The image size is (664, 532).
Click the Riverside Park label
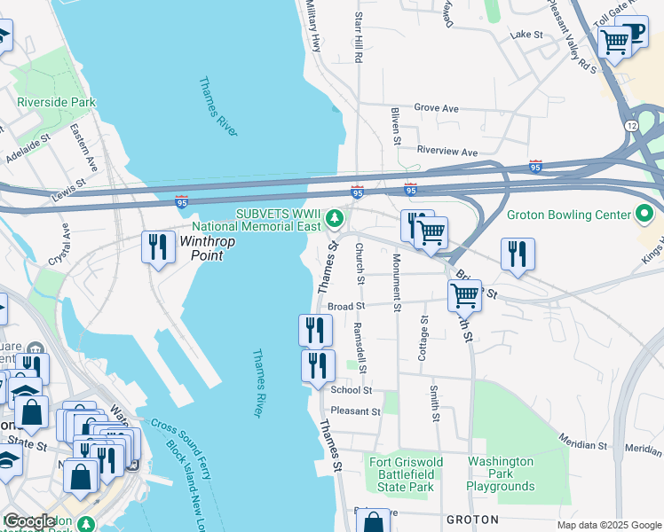click(x=56, y=102)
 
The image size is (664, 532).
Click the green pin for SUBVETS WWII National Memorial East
click(x=334, y=216)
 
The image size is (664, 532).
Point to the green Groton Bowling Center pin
click(x=645, y=215)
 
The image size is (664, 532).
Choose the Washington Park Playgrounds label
click(x=502, y=473)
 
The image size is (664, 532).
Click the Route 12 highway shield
click(x=630, y=127)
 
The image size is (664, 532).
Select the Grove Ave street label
click(x=437, y=108)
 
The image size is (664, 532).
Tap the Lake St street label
click(x=526, y=35)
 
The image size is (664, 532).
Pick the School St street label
click(x=351, y=389)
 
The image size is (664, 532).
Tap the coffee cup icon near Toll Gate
click(x=636, y=33)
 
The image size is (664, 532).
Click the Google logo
click(x=30, y=521)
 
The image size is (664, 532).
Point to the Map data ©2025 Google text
click(x=608, y=525)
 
